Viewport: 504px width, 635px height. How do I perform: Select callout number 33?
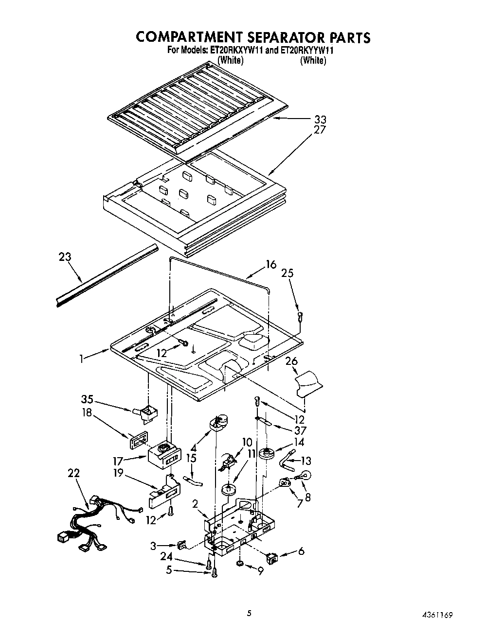click(320, 119)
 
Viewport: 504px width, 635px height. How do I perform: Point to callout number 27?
click(320, 130)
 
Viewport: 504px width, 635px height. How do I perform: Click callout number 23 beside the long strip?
click(65, 257)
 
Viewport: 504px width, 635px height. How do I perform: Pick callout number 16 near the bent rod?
click(270, 264)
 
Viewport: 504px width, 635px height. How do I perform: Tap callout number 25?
click(288, 273)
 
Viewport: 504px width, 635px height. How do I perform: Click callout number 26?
click(291, 361)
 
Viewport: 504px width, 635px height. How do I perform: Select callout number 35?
click(87, 400)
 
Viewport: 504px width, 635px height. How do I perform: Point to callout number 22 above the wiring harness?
click(74, 473)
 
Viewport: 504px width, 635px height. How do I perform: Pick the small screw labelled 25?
click(300, 317)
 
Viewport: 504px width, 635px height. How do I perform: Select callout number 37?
click(300, 430)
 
